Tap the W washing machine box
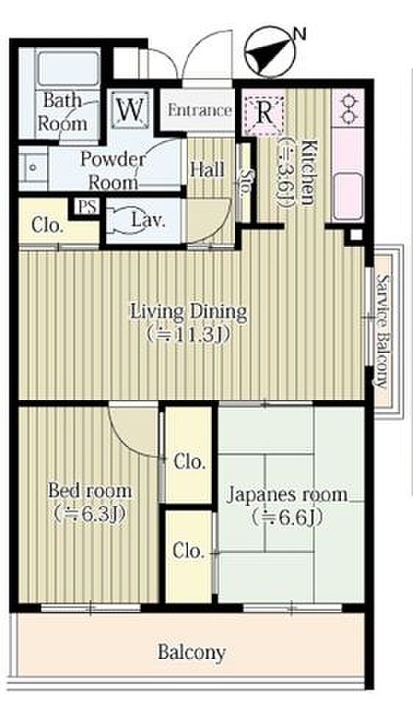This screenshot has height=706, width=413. pyautogui.click(x=131, y=109)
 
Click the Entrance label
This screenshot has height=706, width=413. pyautogui.click(x=200, y=110)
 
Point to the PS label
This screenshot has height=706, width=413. pyautogui.click(x=87, y=207)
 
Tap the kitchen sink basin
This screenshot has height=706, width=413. pyautogui.click(x=348, y=194)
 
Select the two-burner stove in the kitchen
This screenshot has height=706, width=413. pyautogui.click(x=348, y=109)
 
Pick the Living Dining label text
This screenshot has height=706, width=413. pyautogui.click(x=189, y=312)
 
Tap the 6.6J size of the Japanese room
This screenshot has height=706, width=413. pyautogui.click(x=287, y=518)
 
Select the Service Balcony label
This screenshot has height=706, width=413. pyautogui.click(x=384, y=329)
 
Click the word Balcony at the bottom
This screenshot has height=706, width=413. pyautogui.click(x=191, y=652)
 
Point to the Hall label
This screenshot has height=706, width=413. pyautogui.click(x=207, y=169)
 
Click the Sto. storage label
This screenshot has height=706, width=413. pyautogui.click(x=245, y=184)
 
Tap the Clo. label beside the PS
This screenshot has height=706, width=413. pyautogui.click(x=46, y=225)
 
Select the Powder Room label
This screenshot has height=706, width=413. pyautogui.click(x=113, y=171)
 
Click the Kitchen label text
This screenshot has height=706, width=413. pyautogui.click(x=308, y=173)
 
